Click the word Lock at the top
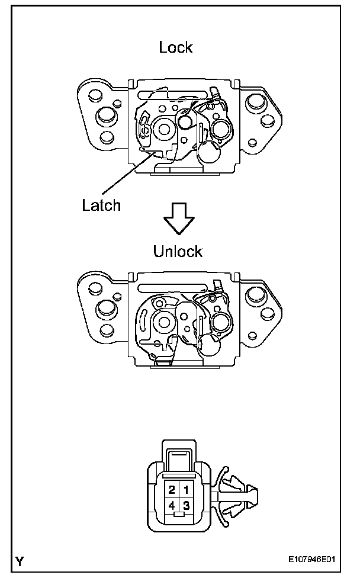tap(176, 47)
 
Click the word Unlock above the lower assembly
tap(178, 251)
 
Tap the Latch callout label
tap(101, 205)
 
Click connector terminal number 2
tap(172, 490)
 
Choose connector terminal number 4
tap(172, 505)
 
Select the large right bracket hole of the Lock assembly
tap(256, 102)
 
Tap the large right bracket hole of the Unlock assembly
tap(256, 295)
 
